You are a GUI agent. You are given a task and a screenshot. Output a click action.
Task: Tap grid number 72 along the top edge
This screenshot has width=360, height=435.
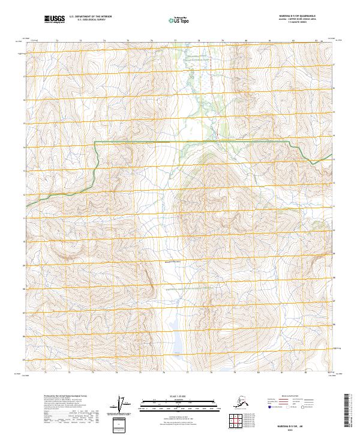[57, 41]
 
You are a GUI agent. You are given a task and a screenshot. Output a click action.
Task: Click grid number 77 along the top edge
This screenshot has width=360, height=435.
[175, 41]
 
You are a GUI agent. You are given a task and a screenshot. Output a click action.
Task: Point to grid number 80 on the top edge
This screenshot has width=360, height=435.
[246, 41]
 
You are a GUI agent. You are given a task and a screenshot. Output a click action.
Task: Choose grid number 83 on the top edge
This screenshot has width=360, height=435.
[317, 41]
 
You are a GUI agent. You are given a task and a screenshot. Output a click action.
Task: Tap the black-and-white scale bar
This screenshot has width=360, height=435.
[175, 404]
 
